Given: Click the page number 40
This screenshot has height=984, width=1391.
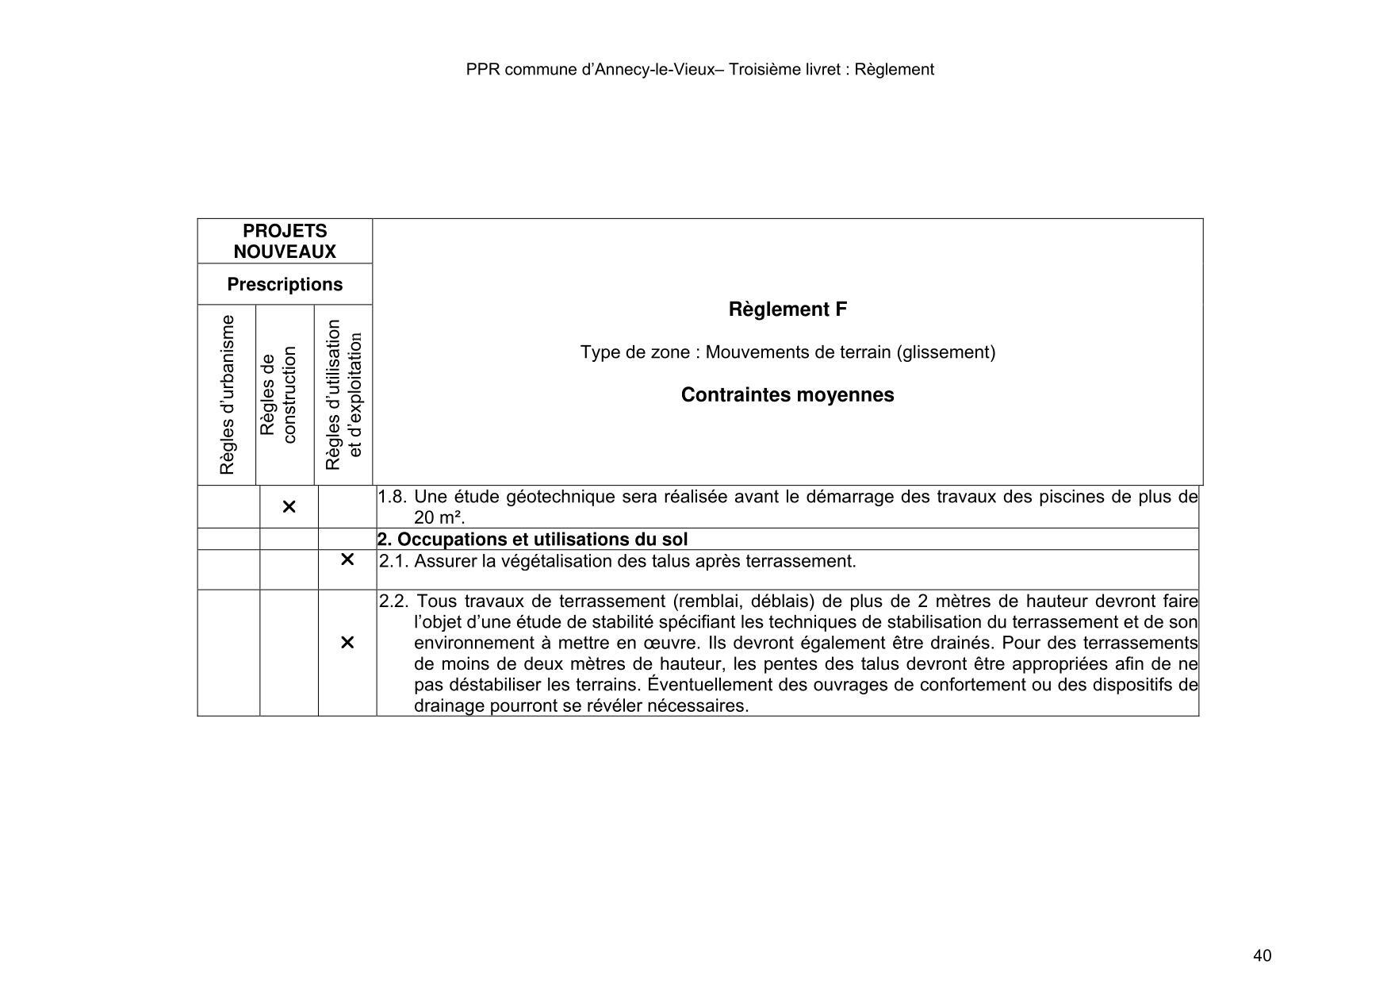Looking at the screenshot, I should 1262,955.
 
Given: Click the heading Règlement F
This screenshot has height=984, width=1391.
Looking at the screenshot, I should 787,309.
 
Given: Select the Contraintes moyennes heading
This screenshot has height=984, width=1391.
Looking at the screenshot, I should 787,395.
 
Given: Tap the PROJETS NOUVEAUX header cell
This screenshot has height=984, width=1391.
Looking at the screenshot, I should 285,241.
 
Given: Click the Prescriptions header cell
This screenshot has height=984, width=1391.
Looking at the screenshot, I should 285,284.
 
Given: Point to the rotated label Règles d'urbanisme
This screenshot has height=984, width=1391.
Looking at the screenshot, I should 228,394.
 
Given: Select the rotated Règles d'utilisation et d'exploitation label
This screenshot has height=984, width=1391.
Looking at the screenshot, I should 343,394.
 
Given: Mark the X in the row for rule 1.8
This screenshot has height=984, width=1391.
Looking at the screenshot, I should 289,506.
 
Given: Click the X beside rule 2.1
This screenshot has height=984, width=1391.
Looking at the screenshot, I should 347,560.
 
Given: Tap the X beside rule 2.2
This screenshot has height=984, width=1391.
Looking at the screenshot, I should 347,643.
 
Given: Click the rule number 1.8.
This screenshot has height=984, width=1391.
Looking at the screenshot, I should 393,498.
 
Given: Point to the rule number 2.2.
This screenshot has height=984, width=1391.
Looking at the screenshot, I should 394,602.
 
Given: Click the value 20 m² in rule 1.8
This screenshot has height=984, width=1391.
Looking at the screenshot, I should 439,518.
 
